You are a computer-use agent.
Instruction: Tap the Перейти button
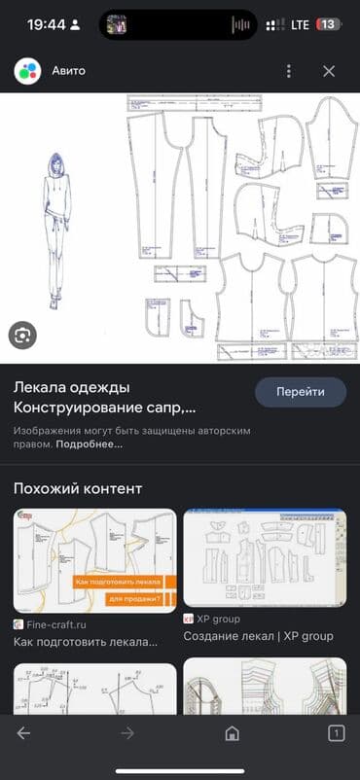click(301, 391)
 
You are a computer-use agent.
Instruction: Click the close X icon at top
click(329, 71)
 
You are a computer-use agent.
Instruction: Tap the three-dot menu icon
click(288, 71)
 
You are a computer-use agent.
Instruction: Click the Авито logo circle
click(27, 71)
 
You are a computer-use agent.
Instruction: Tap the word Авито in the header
click(69, 71)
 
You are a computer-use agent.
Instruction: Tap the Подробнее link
click(90, 444)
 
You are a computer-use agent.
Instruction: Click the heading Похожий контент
click(78, 488)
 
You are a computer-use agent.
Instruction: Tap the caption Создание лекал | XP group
click(258, 636)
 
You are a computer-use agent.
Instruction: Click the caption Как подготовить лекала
click(86, 641)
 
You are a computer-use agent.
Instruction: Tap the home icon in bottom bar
click(232, 733)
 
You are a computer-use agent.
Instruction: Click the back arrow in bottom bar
click(24, 733)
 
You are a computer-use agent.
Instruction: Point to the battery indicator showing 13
click(328, 24)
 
